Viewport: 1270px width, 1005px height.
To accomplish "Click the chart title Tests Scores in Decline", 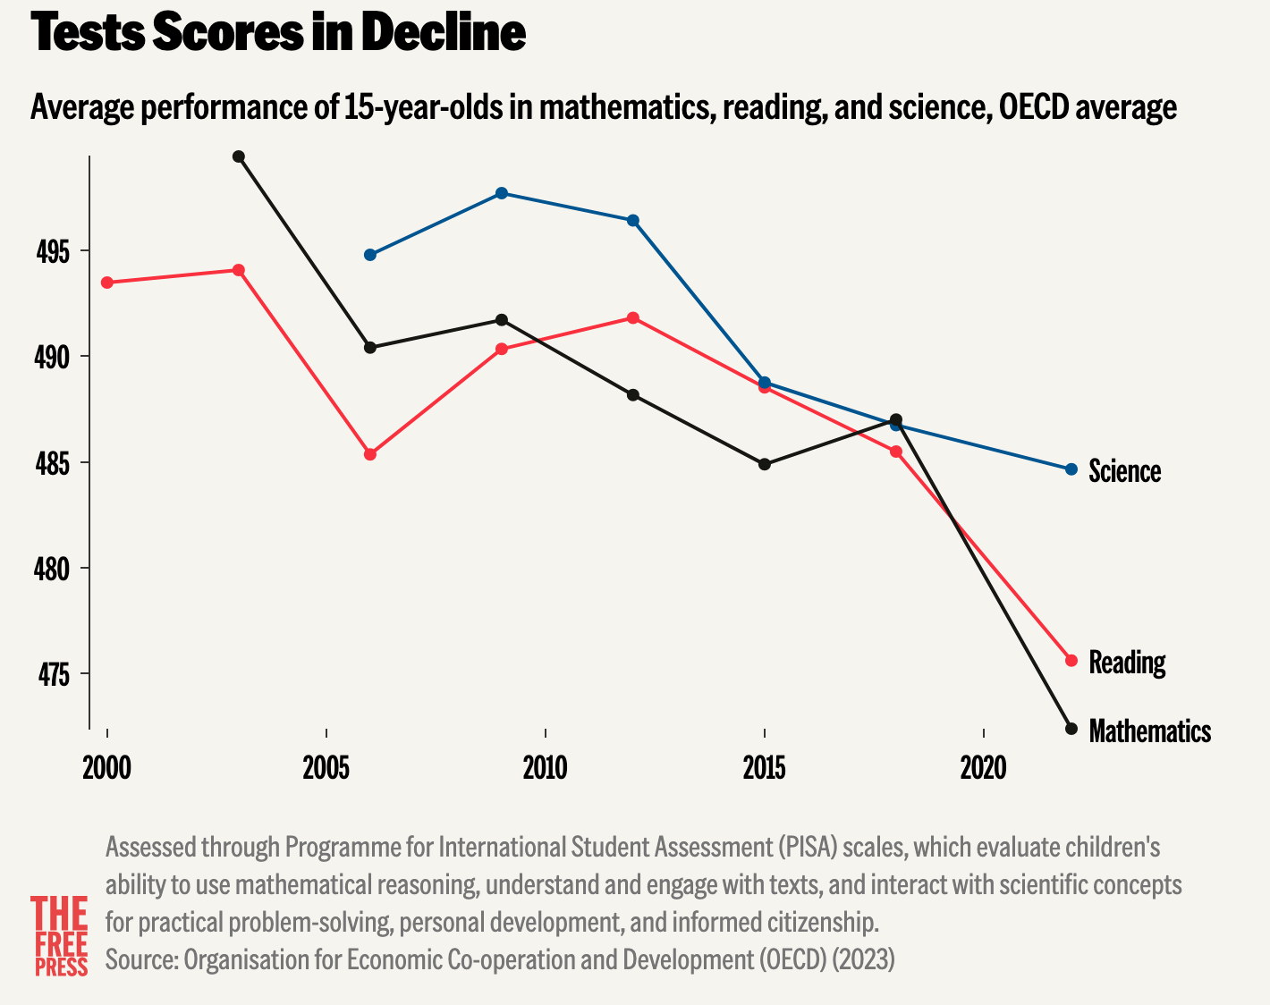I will coord(278,34).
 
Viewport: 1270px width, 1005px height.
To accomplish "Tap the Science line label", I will coord(1124,471).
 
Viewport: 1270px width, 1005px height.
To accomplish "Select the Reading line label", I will coord(1127,663).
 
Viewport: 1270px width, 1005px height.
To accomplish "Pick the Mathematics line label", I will coord(1149,731).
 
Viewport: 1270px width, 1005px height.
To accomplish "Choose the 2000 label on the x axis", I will coord(106,767).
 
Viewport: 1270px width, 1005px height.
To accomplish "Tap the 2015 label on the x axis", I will coord(764,767).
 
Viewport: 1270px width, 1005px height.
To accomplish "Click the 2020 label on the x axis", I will coord(983,767).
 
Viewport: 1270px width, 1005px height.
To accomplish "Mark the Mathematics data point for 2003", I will coord(239,157).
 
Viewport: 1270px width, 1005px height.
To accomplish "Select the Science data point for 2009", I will coord(502,193).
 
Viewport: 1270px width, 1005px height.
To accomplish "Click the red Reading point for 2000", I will coord(107,283).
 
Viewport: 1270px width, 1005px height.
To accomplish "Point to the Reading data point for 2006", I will coord(370,454).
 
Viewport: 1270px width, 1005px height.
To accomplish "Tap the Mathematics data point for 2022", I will coord(1071,728).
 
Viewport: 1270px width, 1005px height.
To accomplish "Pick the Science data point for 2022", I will coord(1071,469).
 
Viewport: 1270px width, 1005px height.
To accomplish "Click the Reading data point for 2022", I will coord(1071,660).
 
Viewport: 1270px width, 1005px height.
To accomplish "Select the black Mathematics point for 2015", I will coord(764,464).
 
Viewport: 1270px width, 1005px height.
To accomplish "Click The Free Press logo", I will coord(61,936).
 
